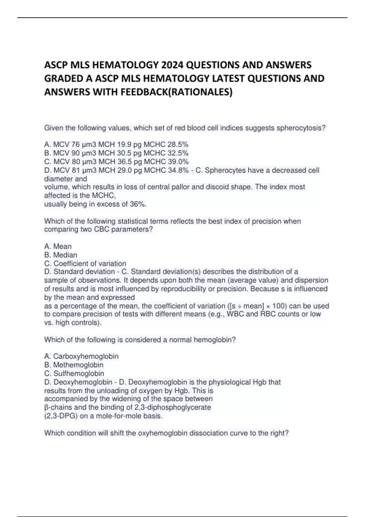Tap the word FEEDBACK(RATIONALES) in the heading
[x=176, y=92]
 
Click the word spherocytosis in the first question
[x=301, y=128]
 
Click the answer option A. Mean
[x=58, y=246]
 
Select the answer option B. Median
[x=61, y=255]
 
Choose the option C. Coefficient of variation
[x=85, y=263]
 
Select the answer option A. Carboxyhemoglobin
[x=81, y=356]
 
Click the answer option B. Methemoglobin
[x=74, y=365]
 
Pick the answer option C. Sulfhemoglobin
[x=74, y=373]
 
